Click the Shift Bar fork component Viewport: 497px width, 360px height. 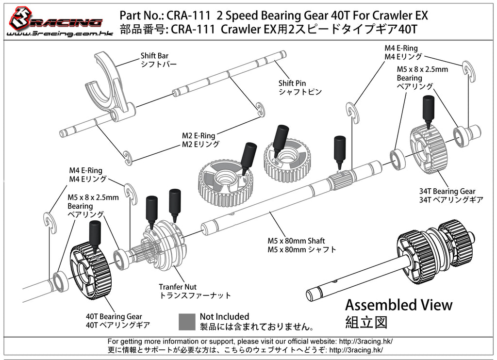click(x=111, y=87)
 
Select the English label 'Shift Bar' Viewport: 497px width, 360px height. click(x=154, y=56)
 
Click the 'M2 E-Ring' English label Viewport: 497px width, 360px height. click(x=199, y=136)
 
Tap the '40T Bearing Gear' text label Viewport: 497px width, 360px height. click(x=114, y=316)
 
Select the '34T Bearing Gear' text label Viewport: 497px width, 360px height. click(x=447, y=191)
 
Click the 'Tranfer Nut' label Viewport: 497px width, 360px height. click(x=178, y=287)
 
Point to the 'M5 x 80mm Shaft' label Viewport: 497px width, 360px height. click(x=296, y=241)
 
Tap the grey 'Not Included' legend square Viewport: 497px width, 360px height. click(x=187, y=321)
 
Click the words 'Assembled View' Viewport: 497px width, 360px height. click(x=398, y=305)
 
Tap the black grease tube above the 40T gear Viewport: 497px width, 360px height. click(x=94, y=233)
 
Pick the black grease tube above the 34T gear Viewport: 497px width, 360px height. click(x=428, y=110)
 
